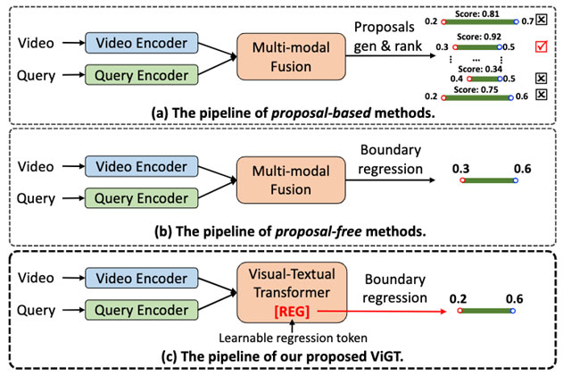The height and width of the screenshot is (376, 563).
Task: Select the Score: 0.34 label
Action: click(477, 67)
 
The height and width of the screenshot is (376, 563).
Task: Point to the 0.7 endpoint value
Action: click(529, 19)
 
